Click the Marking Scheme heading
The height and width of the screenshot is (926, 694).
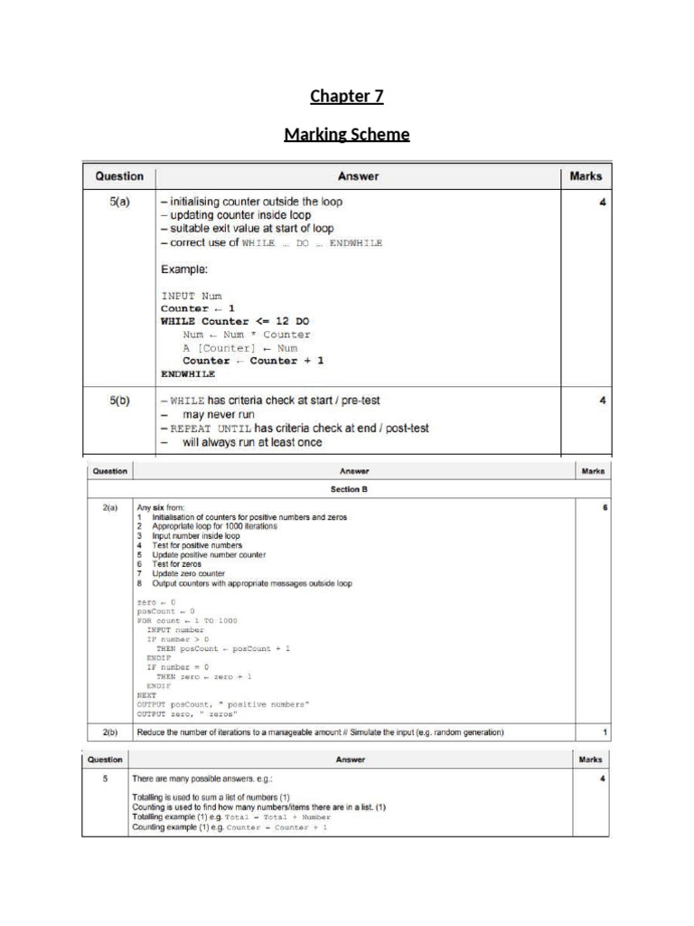(x=347, y=135)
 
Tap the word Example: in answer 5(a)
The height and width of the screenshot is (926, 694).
(x=191, y=269)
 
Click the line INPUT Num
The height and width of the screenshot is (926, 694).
(x=191, y=296)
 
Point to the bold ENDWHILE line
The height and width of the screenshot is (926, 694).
(x=188, y=373)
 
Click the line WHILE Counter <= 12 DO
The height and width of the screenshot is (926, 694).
(x=236, y=321)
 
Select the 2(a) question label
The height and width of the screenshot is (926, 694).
(x=109, y=508)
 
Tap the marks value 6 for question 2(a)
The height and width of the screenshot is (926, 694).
(x=605, y=508)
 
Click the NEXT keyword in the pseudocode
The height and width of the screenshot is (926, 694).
(x=146, y=694)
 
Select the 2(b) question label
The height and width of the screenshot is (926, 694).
(x=109, y=732)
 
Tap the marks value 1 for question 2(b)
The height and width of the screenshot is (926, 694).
(x=605, y=732)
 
